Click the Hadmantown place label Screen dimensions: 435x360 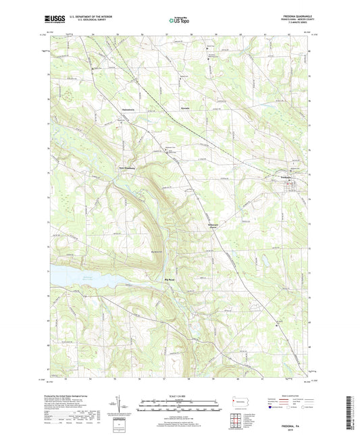click(128, 107)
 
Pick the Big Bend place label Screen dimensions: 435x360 click(169, 278)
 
